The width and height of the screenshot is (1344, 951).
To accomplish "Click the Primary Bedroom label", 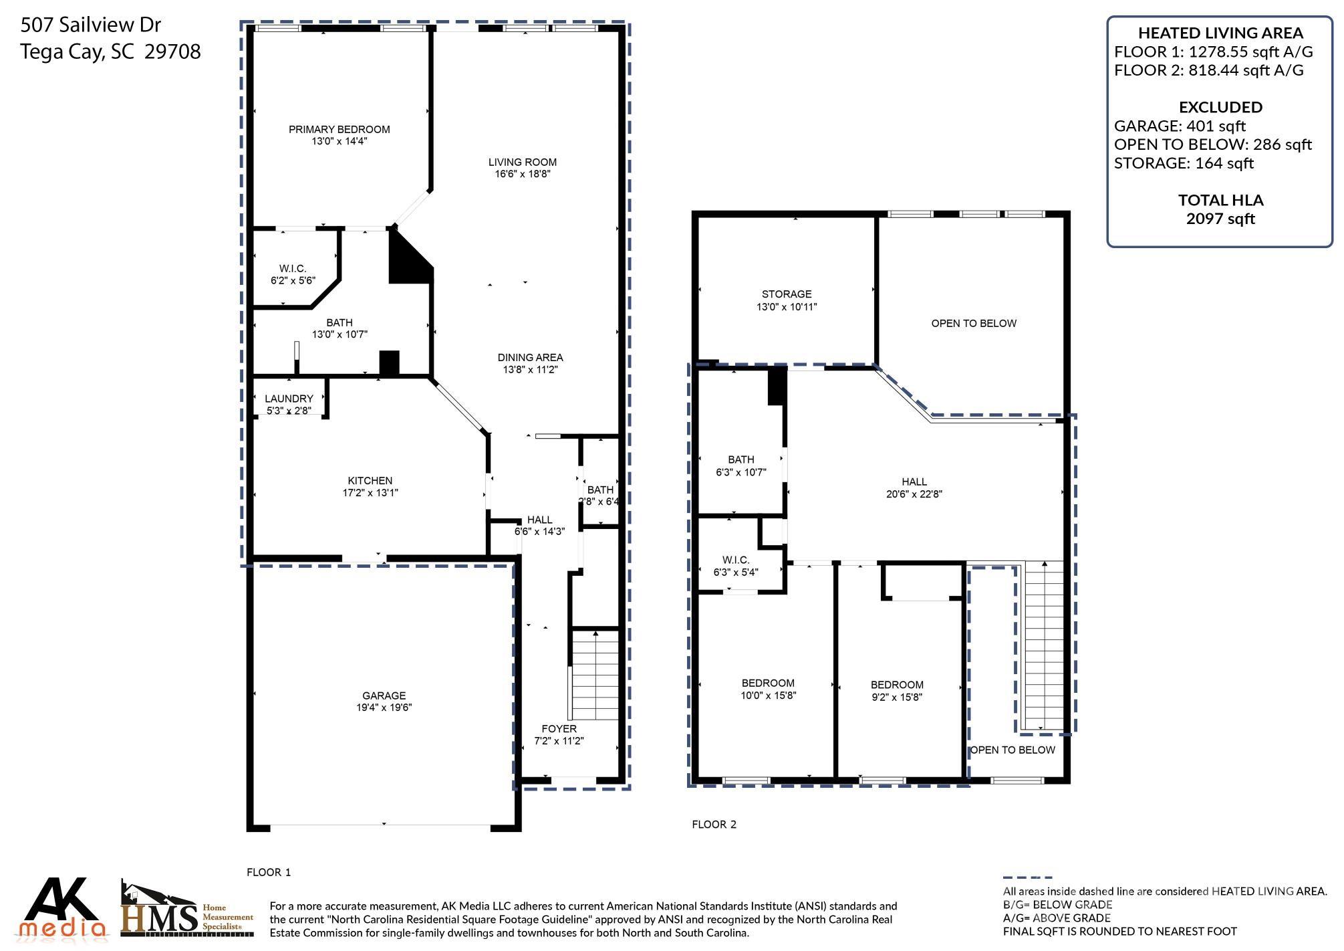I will pos(339,129).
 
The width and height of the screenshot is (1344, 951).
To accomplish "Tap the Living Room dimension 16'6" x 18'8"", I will pos(522,174).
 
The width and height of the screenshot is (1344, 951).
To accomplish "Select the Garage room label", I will pos(384,696).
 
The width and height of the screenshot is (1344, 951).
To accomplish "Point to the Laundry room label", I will pos(289,399).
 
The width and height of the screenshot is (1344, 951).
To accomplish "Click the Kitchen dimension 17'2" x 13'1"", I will pos(370,493).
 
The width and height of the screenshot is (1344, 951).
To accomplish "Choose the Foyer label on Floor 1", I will pos(559,729).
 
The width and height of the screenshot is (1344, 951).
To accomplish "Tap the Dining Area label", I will pos(530,357).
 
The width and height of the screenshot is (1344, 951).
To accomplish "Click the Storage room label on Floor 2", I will pos(787,294).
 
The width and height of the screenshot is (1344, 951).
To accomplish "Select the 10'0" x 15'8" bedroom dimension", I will pos(768,696).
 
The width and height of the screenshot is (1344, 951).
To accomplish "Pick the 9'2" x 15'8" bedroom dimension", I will pos(897,697).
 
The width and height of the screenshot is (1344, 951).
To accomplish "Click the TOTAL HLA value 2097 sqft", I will pos(1220,219).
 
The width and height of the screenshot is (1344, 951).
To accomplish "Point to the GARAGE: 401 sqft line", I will pos(1180,126).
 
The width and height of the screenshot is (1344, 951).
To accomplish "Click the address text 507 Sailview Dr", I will pos(91,25).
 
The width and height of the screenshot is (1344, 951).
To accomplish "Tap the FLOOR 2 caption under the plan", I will pos(714,825).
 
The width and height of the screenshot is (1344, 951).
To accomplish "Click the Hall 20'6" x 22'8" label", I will pos(914,488).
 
